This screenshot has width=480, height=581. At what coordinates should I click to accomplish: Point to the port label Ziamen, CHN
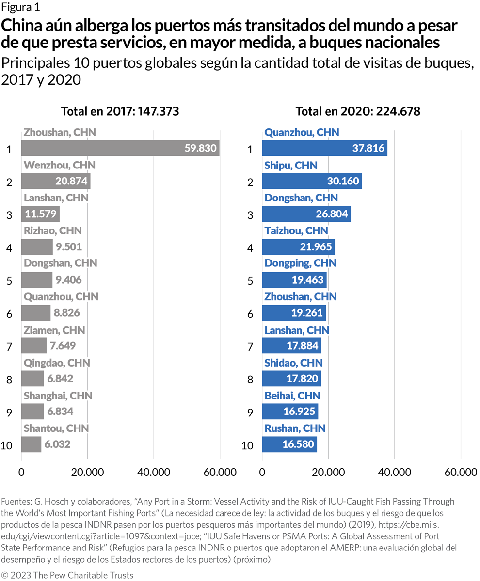click(x=54, y=330)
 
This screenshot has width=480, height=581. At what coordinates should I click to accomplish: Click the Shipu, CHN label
click(x=291, y=165)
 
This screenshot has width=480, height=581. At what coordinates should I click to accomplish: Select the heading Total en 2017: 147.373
click(x=120, y=111)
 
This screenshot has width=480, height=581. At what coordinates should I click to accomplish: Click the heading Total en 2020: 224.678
click(x=358, y=111)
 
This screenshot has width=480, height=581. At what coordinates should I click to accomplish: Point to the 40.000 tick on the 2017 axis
click(x=154, y=472)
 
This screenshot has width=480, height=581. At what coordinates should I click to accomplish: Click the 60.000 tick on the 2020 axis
click(x=460, y=472)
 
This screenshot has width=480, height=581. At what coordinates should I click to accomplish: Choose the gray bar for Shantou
click(x=31, y=444)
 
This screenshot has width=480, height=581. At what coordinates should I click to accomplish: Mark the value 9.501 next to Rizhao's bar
click(x=68, y=246)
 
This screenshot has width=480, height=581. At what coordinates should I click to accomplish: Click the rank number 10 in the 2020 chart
click(x=248, y=445)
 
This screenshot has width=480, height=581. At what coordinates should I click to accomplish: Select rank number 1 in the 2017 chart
click(x=9, y=149)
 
